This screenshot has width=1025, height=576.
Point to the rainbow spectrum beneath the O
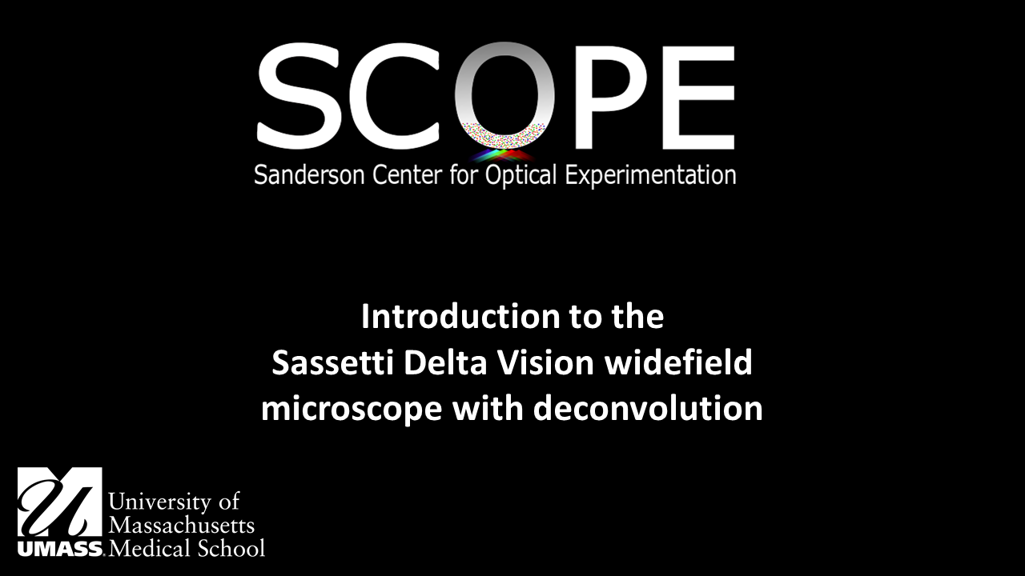coord(503,154)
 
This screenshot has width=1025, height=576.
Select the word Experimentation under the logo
coord(651,176)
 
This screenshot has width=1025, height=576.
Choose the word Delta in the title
coord(445,363)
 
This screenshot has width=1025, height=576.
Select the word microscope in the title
coord(351,410)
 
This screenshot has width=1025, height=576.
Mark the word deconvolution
coord(648,410)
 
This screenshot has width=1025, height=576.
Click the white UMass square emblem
coord(60,502)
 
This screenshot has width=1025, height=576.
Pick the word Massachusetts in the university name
coord(181,525)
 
